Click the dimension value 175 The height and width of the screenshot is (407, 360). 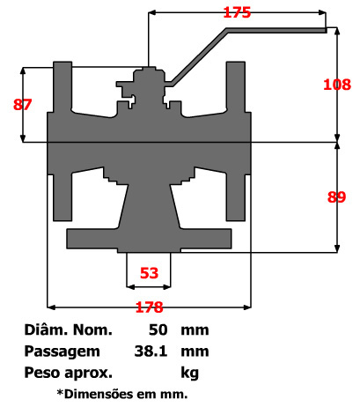(238, 13)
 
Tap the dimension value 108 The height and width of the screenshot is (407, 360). (337, 85)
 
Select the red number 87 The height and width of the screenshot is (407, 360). (23, 104)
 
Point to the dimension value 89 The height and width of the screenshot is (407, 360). (336, 197)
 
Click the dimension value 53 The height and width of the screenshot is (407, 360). (149, 273)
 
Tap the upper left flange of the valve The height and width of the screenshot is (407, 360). (62, 88)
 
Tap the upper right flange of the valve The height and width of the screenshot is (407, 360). (236, 88)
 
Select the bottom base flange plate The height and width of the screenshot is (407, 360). (149, 238)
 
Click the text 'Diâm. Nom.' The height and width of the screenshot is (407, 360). (70, 331)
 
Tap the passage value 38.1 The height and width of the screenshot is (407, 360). (151, 351)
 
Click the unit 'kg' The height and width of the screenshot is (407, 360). (189, 372)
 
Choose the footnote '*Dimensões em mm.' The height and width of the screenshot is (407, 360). (121, 393)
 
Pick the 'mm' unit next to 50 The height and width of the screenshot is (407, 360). (195, 331)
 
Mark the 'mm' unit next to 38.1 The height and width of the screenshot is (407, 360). (195, 351)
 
